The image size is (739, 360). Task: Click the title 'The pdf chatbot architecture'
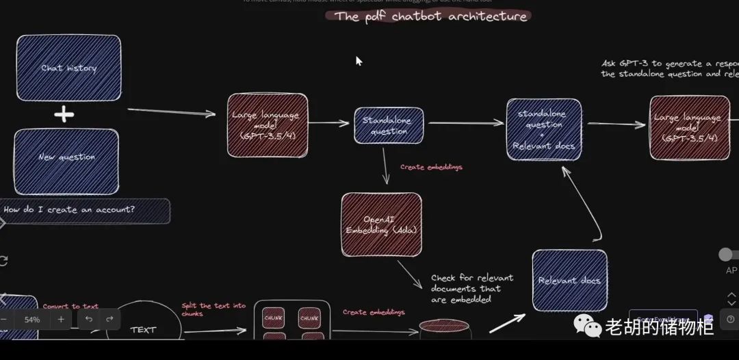click(x=431, y=16)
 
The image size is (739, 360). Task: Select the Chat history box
click(x=68, y=68)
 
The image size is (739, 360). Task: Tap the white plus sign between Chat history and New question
click(x=64, y=114)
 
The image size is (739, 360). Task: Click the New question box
click(x=66, y=157)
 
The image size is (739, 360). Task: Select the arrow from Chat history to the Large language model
click(x=171, y=112)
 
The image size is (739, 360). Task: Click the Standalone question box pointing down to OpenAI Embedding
click(x=389, y=126)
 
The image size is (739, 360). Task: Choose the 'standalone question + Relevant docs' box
click(x=544, y=130)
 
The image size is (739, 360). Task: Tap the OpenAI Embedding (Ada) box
click(x=381, y=224)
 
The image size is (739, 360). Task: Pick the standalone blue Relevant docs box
click(x=569, y=281)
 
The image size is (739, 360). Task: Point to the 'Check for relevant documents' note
click(x=472, y=288)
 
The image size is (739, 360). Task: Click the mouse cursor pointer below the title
click(x=359, y=60)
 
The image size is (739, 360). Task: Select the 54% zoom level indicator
click(x=32, y=320)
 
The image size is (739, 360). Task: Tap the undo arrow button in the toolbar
click(x=89, y=320)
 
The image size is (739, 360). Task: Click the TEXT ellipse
click(x=143, y=327)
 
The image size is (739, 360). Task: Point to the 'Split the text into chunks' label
click(x=213, y=309)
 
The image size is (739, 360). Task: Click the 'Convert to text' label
click(x=70, y=307)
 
